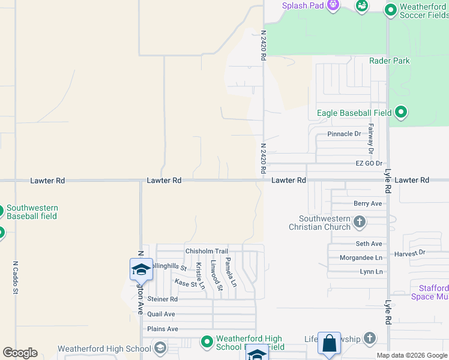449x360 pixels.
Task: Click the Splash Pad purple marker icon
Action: click(x=333, y=5)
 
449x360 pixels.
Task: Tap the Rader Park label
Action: click(x=390, y=61)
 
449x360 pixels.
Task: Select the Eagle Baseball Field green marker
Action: click(x=401, y=112)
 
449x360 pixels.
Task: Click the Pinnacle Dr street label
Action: click(x=344, y=134)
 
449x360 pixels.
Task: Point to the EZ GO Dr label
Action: click(x=369, y=163)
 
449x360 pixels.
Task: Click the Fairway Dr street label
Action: click(x=371, y=138)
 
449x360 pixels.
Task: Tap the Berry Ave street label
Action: click(x=367, y=203)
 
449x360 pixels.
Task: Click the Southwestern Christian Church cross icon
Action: click(x=359, y=223)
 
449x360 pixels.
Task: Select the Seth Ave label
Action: click(x=369, y=244)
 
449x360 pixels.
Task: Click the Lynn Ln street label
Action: click(x=370, y=272)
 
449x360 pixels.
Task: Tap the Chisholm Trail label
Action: click(x=206, y=251)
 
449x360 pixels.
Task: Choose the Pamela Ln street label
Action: click(x=230, y=271)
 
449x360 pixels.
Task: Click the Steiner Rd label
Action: click(x=162, y=299)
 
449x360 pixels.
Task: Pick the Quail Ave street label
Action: click(x=161, y=314)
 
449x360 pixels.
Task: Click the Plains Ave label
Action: click(x=162, y=329)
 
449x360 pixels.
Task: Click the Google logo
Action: click(x=20, y=353)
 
